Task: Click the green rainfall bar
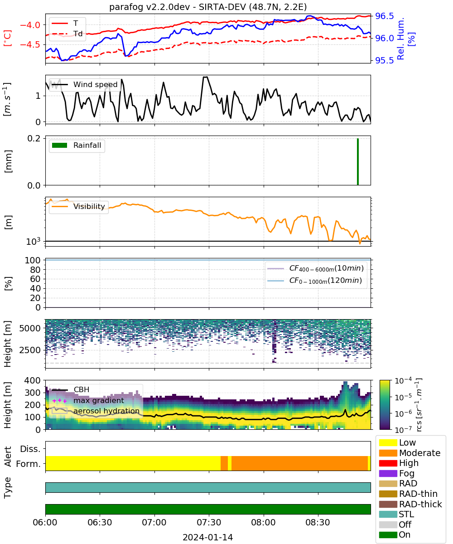pos(358,161)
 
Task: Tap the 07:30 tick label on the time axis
pos(209,522)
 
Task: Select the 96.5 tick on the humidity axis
pos(384,16)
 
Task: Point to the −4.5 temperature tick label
pos(30,44)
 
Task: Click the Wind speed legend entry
pos(85,84)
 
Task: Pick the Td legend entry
pos(67,34)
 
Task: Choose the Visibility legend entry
pos(78,206)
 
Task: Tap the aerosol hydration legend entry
pos(96,411)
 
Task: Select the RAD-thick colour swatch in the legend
pos(388,504)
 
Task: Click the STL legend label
pos(406,514)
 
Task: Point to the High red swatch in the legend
pos(388,463)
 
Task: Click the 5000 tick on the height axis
pos(30,328)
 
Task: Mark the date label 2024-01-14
pos(208,537)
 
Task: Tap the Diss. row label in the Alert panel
pos(30,449)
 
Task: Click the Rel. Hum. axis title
pos(401,39)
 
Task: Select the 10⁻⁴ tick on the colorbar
pos(403,381)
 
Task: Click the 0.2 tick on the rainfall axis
pos(34,138)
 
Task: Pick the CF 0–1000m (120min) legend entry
pos(315,281)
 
